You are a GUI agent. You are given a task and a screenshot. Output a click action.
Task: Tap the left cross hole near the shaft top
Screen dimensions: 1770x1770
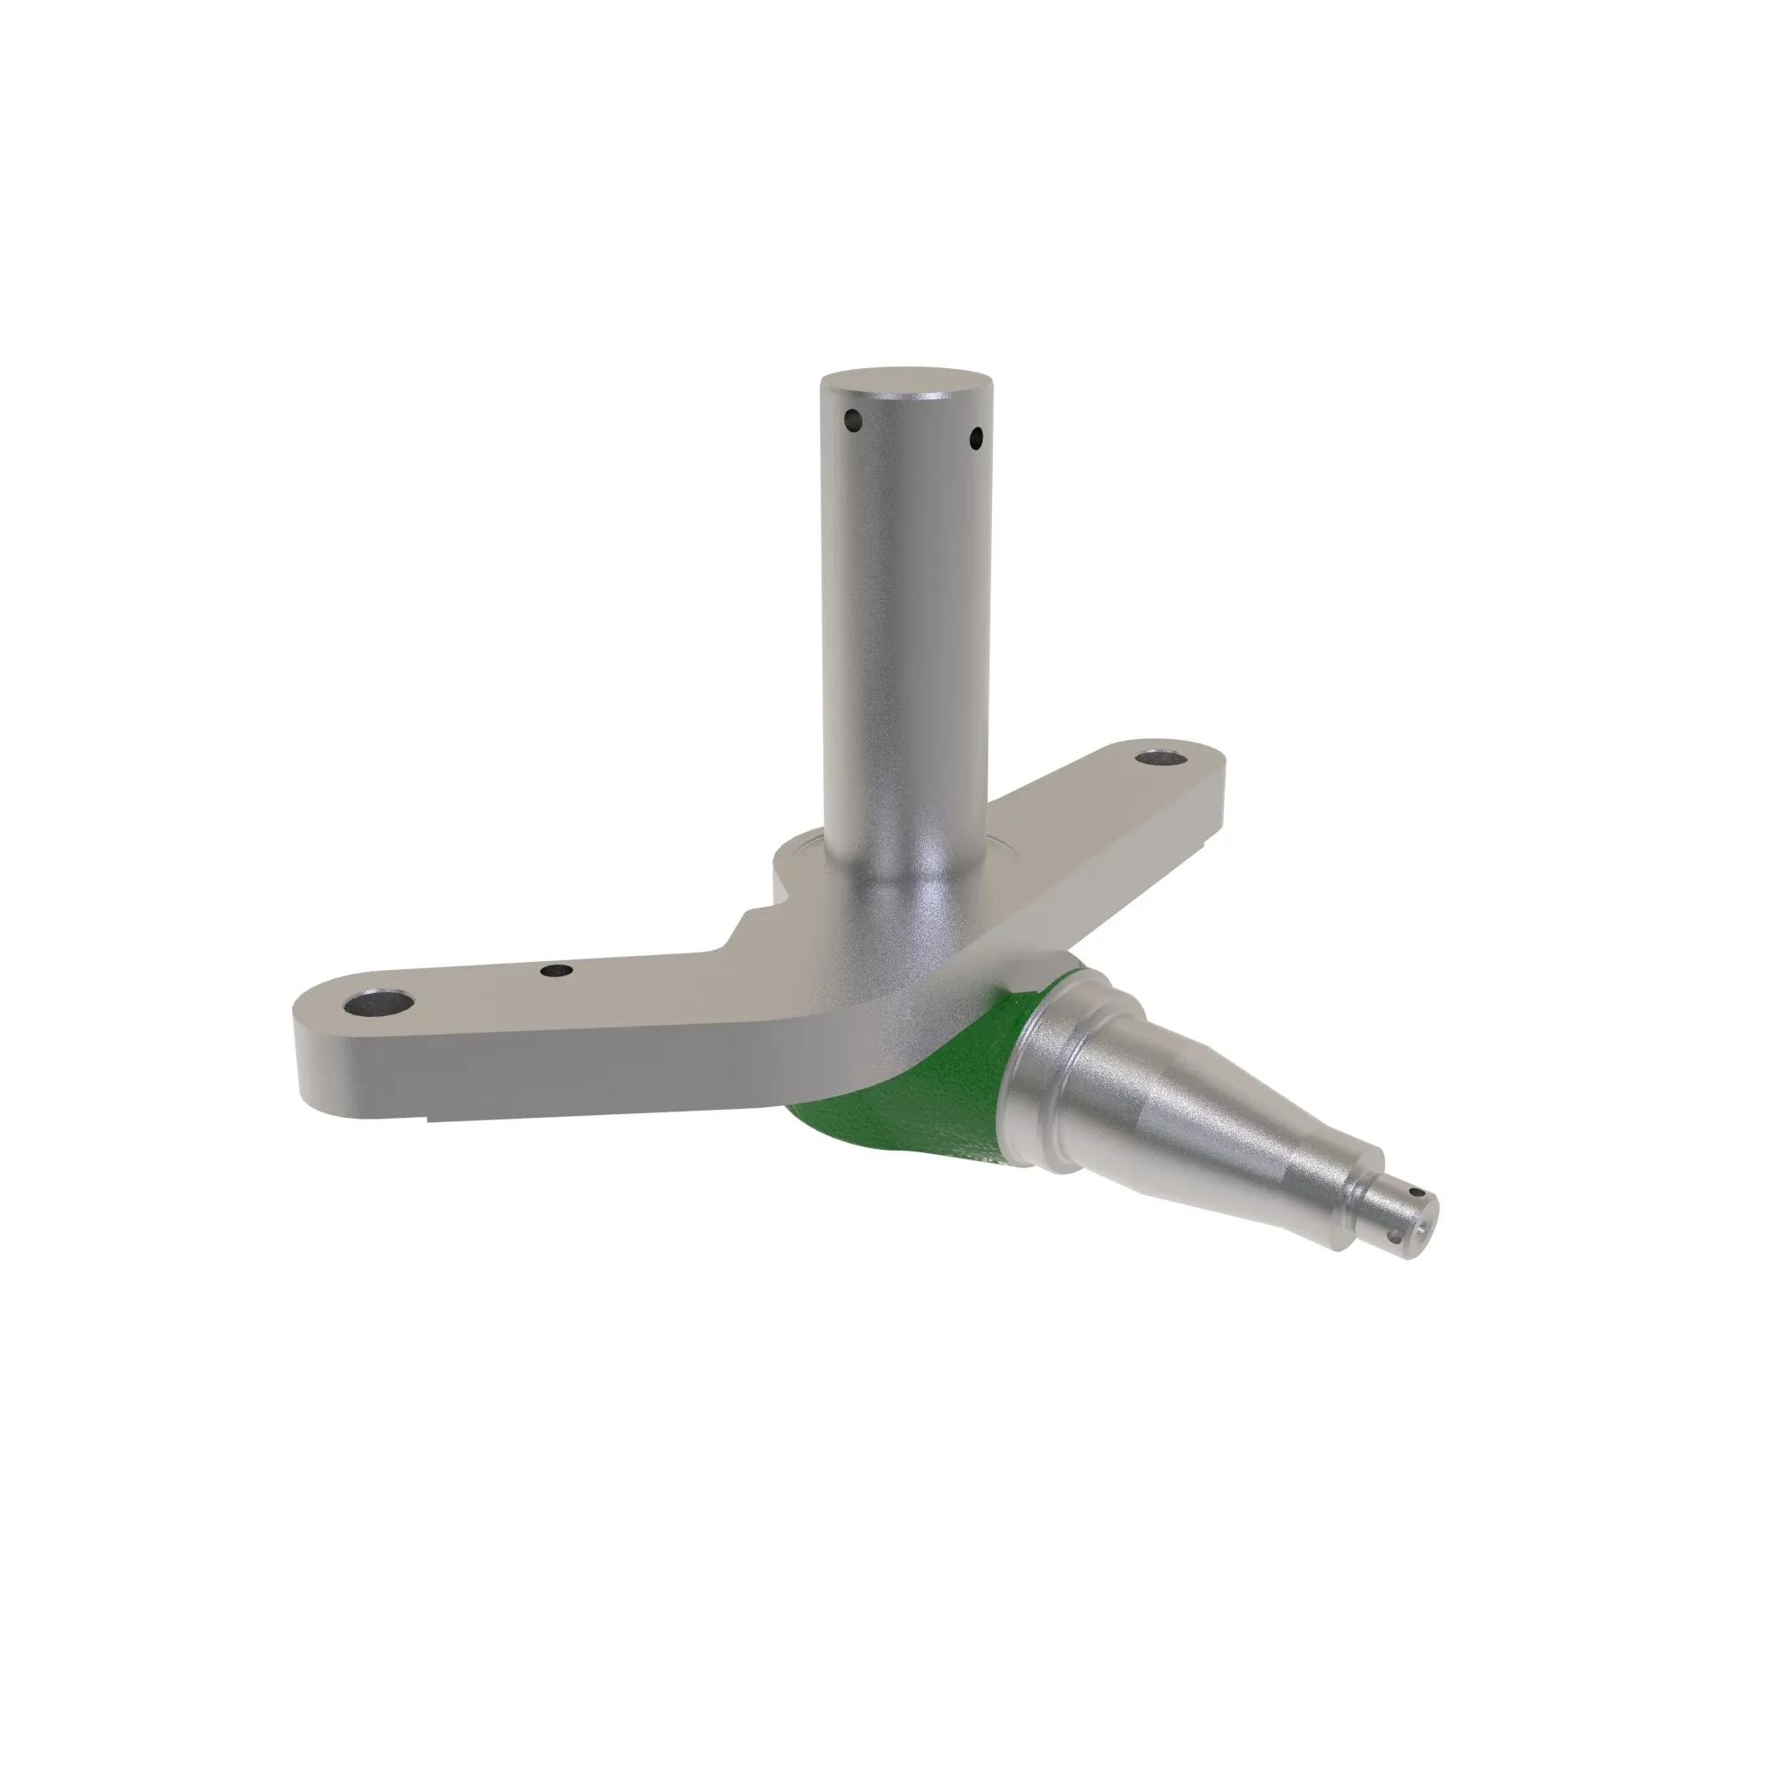pyautogui.click(x=854, y=421)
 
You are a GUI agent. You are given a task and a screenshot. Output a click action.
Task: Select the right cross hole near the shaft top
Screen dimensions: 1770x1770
pyautogui.click(x=975, y=437)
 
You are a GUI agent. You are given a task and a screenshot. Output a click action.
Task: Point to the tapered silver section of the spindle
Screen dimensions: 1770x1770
pyautogui.click(x=1219, y=1118)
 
